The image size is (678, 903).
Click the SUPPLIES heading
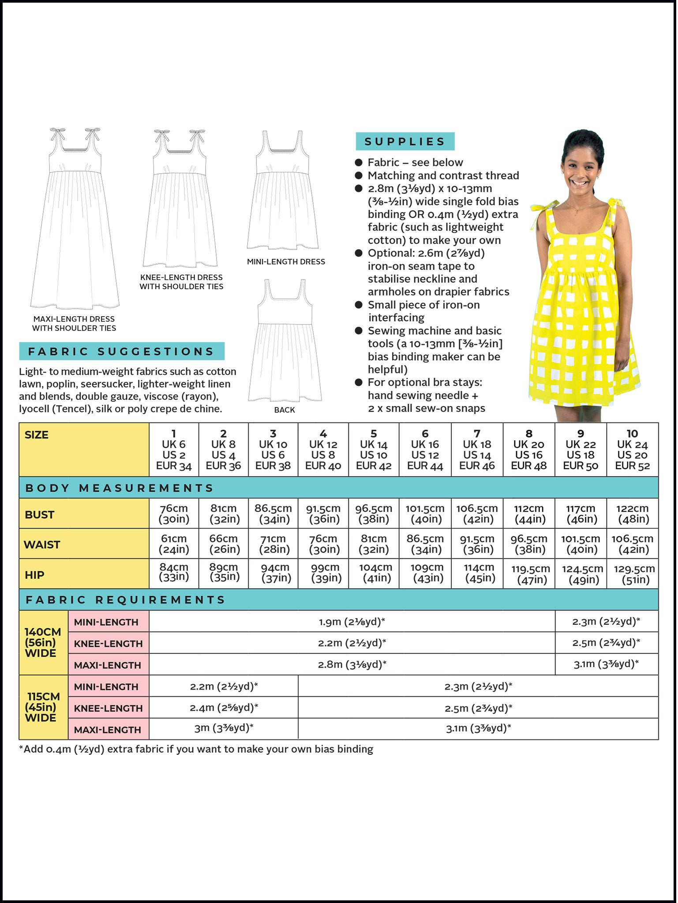(x=405, y=142)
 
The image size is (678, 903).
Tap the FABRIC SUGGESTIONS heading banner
(x=121, y=351)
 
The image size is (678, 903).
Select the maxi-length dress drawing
(x=75, y=220)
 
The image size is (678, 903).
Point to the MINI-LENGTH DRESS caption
(x=286, y=261)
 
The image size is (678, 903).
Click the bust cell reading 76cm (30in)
(x=174, y=514)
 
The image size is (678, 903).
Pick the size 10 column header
(x=632, y=450)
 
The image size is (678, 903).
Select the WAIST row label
(x=42, y=545)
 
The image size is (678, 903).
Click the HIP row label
(x=34, y=575)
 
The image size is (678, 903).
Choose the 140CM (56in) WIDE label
(x=42, y=642)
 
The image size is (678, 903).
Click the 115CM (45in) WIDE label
(x=42, y=707)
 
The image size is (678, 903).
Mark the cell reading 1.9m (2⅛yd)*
(x=352, y=622)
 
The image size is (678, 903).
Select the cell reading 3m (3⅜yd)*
(x=224, y=728)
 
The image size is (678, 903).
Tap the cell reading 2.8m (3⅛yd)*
(x=352, y=664)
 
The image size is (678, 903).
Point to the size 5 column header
(x=373, y=450)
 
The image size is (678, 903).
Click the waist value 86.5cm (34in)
(x=425, y=544)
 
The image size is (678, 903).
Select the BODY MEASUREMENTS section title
(x=119, y=488)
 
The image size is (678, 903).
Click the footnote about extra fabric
(x=196, y=749)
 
